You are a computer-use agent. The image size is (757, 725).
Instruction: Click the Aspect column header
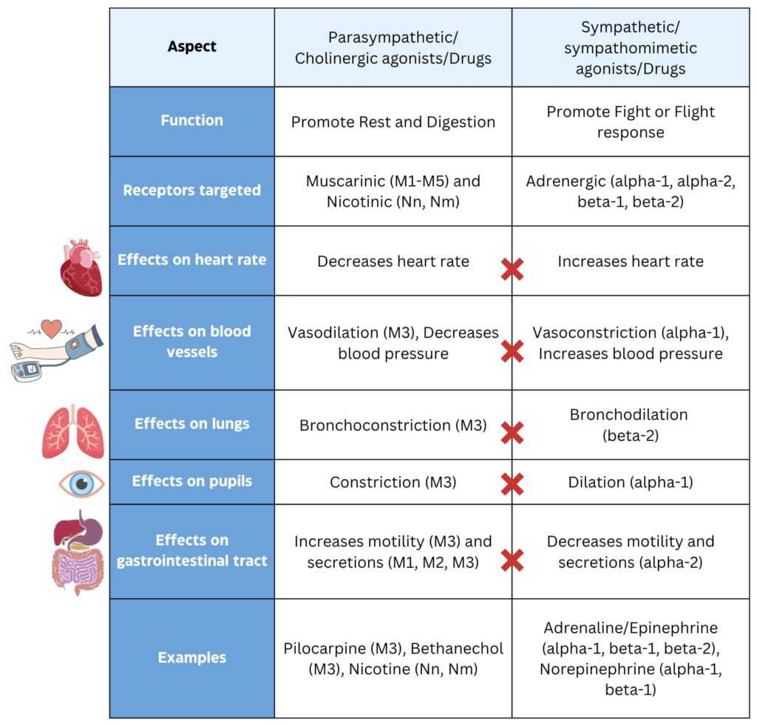pos(192,47)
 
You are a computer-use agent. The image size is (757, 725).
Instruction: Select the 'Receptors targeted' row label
pos(192,190)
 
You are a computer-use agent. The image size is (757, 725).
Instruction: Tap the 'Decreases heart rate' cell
pos(393,261)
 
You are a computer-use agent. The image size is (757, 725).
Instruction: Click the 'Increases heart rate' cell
pos(631,261)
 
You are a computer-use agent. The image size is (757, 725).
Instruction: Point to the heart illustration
pos(81,268)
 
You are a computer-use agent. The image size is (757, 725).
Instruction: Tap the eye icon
pos(82,484)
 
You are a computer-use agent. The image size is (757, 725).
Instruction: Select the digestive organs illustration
pos(77,554)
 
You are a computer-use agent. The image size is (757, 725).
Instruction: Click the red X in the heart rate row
pos(512,269)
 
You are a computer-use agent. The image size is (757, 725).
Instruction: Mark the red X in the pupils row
pos(512,484)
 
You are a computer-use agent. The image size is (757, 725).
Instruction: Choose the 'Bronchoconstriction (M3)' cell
pos(393,426)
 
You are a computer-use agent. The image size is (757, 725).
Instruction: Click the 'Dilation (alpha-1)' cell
pos(629,482)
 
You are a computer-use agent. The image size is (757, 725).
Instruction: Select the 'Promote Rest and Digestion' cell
pos(393,122)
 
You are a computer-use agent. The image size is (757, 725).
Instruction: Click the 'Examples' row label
pos(192,658)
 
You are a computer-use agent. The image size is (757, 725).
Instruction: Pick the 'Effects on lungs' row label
pos(192,424)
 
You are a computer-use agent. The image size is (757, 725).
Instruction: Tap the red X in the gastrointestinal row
pos(512,560)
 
